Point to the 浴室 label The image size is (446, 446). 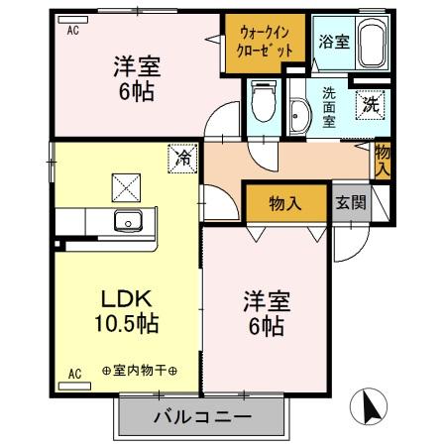point(333,42)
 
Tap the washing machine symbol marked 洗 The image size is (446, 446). point(369,103)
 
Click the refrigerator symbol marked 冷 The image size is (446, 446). point(182,157)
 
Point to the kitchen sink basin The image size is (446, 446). point(128,220)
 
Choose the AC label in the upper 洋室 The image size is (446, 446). point(72,31)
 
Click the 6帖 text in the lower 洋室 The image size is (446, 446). point(266,325)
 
